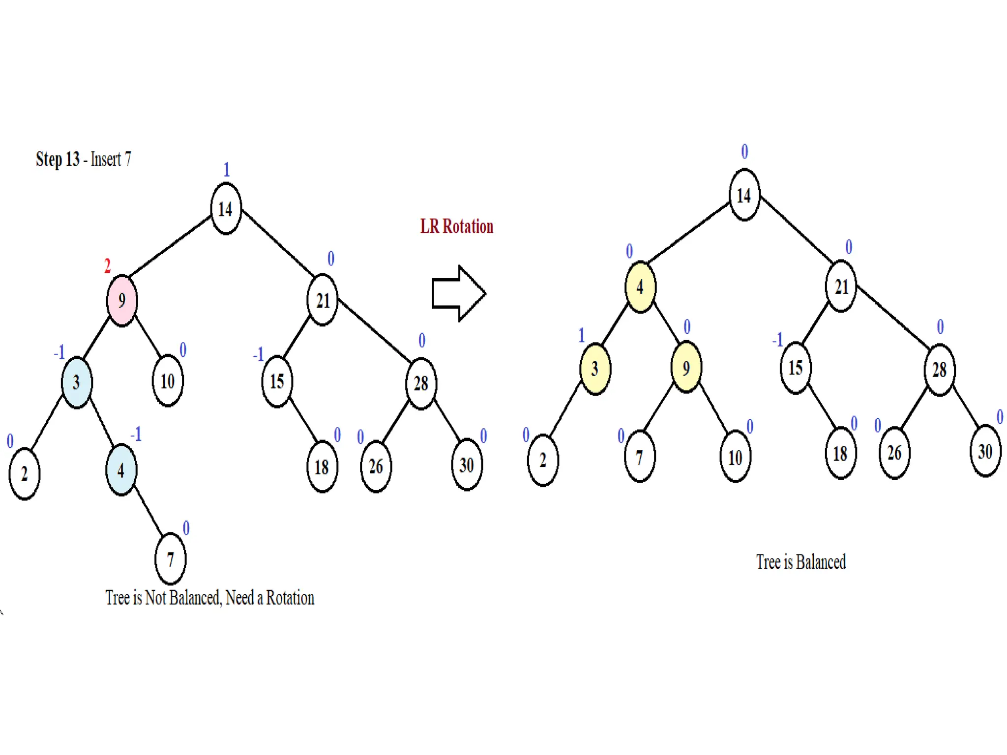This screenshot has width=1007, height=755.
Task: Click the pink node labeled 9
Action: pyautogui.click(x=122, y=300)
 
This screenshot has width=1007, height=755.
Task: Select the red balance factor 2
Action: pyautogui.click(x=107, y=266)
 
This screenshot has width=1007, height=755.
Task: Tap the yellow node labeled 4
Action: pyautogui.click(x=640, y=287)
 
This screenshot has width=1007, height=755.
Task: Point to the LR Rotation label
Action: pyautogui.click(x=456, y=227)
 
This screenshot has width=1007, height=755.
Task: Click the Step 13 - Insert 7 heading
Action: pyautogui.click(x=83, y=159)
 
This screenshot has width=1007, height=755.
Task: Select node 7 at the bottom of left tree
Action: pyautogui.click(x=170, y=559)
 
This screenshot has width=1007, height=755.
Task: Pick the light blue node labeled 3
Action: pyautogui.click(x=76, y=382)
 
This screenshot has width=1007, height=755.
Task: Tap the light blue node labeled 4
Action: pyautogui.click(x=121, y=470)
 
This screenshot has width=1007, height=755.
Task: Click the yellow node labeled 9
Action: pyautogui.click(x=686, y=368)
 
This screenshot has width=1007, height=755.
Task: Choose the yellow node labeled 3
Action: pyautogui.click(x=595, y=369)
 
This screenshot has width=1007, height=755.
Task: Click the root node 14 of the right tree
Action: pyautogui.click(x=744, y=195)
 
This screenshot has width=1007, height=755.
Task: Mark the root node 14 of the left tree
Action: pyautogui.click(x=226, y=209)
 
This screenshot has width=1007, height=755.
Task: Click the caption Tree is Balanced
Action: pyautogui.click(x=800, y=562)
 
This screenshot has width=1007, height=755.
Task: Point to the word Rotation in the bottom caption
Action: pyautogui.click(x=290, y=598)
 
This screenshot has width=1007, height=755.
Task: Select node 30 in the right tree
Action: pyautogui.click(x=985, y=451)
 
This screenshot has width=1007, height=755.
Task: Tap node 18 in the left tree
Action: pyautogui.click(x=322, y=466)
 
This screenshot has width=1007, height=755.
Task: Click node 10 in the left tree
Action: pyautogui.click(x=168, y=381)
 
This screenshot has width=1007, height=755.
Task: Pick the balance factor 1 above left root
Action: pyautogui.click(x=226, y=170)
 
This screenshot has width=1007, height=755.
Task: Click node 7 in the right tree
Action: pyautogui.click(x=639, y=457)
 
